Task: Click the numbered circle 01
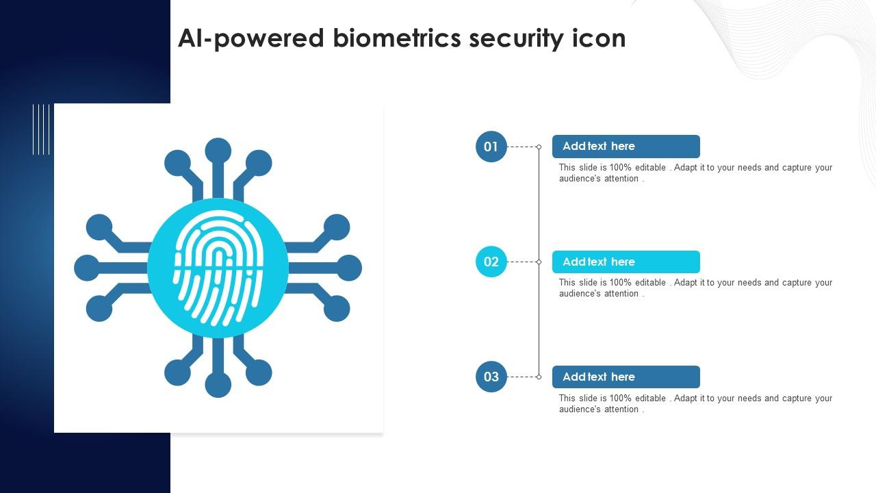[x=491, y=147]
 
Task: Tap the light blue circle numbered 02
[x=491, y=262]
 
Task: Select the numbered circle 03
[x=491, y=377]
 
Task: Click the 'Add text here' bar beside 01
[x=626, y=147]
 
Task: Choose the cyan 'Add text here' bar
[x=626, y=262]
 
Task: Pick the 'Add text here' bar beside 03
[x=626, y=377]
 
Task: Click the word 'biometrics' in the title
[x=397, y=38]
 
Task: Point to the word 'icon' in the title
[x=599, y=38]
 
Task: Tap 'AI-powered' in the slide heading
[x=250, y=39]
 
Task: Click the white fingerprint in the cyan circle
[x=218, y=268]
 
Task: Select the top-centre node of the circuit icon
[x=218, y=151]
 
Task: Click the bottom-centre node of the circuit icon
[x=218, y=385]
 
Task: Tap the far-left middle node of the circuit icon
[x=87, y=268]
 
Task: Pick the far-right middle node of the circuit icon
[x=348, y=268]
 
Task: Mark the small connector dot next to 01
[x=539, y=147]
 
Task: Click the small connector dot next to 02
[x=539, y=262]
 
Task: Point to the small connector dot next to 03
[x=539, y=377]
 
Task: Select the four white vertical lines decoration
[x=41, y=129]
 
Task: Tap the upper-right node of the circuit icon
[x=259, y=164]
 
